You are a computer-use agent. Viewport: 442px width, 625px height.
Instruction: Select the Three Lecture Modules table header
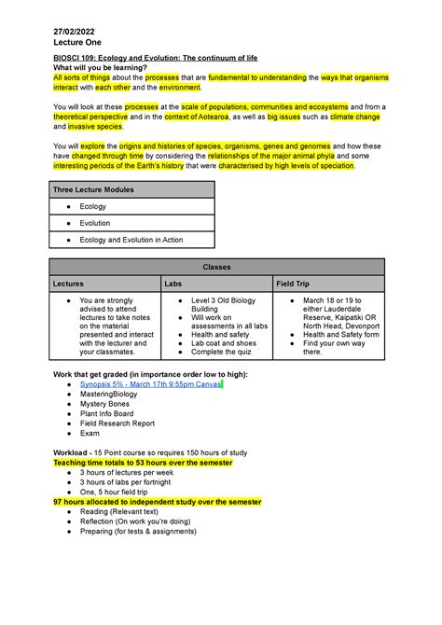pyautogui.click(x=93, y=189)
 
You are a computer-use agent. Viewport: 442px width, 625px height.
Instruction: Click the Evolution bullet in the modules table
pyautogui.click(x=95, y=223)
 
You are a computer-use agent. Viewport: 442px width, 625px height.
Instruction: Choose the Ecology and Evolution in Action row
pyautogui.click(x=131, y=240)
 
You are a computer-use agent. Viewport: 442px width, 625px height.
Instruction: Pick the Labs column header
pyautogui.click(x=173, y=283)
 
